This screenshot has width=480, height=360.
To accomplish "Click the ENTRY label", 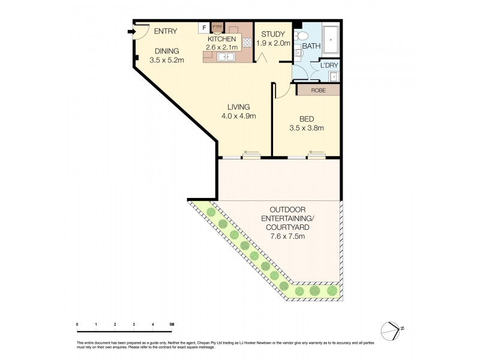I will click(x=166, y=31).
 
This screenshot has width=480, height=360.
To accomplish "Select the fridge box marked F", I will click(x=203, y=27).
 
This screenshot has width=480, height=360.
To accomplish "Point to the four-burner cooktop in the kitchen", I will click(x=246, y=42).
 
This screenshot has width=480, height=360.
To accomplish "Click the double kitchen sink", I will click(x=226, y=57).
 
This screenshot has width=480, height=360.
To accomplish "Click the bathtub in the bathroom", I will click(x=331, y=40).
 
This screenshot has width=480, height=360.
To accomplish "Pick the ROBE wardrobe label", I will click(x=318, y=91).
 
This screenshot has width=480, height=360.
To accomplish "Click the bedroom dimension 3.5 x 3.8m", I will click(x=306, y=128).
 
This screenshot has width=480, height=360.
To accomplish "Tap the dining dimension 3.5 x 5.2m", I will click(x=167, y=60).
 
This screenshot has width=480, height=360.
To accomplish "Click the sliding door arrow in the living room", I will click(x=251, y=152).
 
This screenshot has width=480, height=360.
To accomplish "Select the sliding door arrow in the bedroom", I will click(x=316, y=152).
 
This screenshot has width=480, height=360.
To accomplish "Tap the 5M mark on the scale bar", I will click(x=172, y=325).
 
